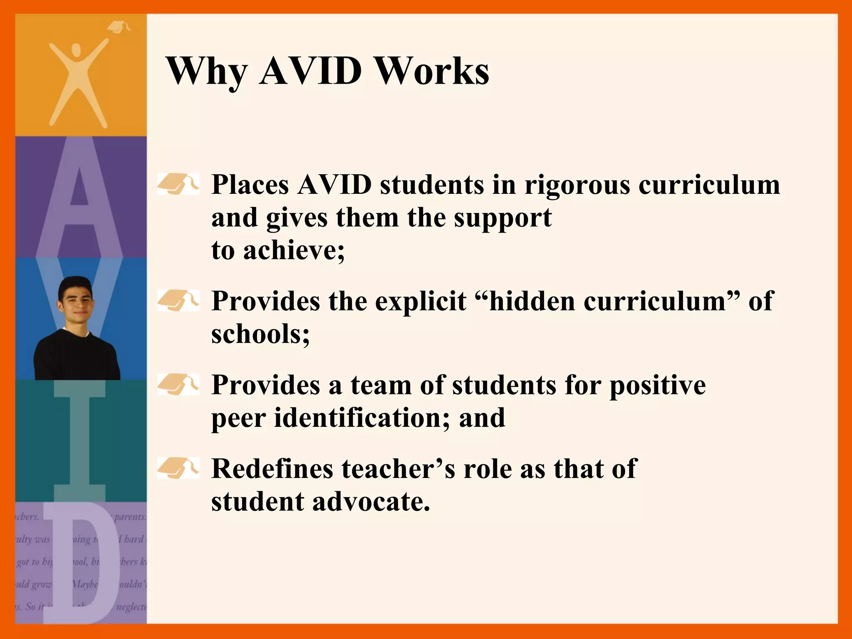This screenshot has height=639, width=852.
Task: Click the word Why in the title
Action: point(207,72)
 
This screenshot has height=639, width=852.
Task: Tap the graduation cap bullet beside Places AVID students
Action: point(178,184)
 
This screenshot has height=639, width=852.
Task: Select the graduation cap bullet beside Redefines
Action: point(178,468)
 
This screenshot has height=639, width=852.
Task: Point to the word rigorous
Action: point(577,185)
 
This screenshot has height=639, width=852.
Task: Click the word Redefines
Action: point(272,469)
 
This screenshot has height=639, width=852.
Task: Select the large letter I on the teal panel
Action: point(80,441)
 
